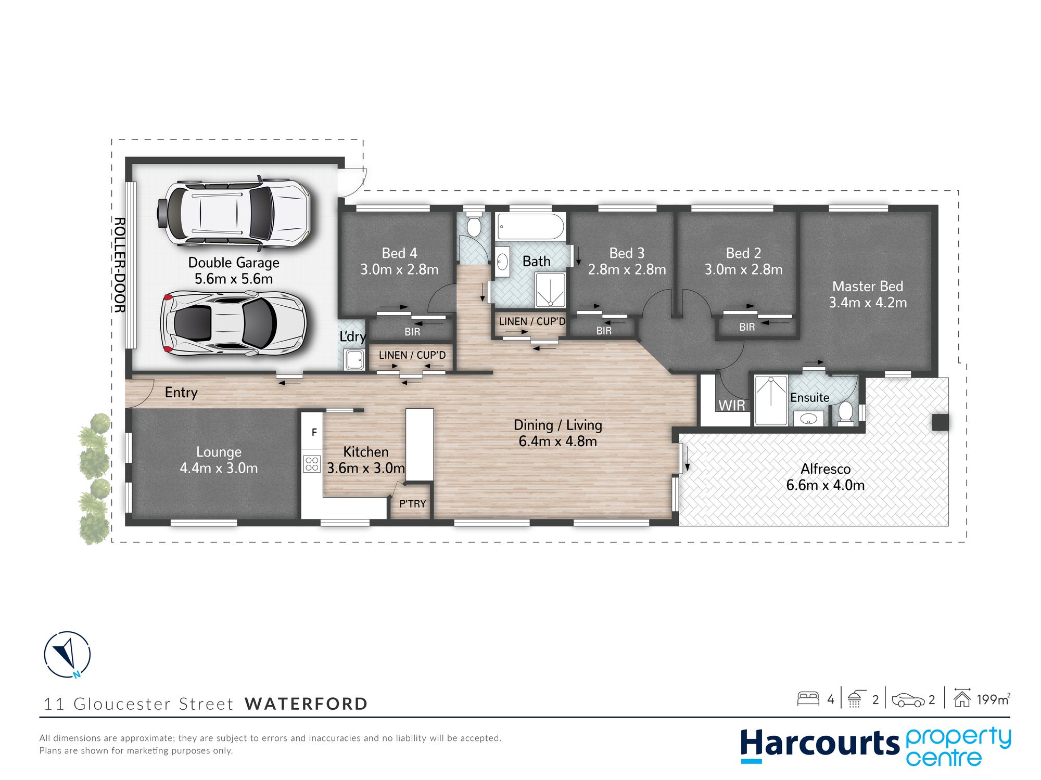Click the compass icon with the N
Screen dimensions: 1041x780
pyautogui.click(x=67, y=655)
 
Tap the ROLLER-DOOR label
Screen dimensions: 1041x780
pyautogui.click(x=119, y=265)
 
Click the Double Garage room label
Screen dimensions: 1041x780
pyautogui.click(x=234, y=270)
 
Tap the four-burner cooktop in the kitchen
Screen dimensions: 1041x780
pyautogui.click(x=312, y=463)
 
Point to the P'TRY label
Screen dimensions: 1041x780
pyautogui.click(x=412, y=503)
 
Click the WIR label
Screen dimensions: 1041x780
pyautogui.click(x=732, y=405)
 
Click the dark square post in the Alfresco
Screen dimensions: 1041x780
pyautogui.click(x=940, y=422)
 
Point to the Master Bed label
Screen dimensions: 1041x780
pyautogui.click(x=868, y=294)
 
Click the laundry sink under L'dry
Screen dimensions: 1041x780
pyautogui.click(x=354, y=360)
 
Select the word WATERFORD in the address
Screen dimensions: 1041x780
pyautogui.click(x=306, y=704)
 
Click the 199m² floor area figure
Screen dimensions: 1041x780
pyautogui.click(x=994, y=699)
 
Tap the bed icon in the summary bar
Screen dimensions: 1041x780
pyautogui.click(x=808, y=698)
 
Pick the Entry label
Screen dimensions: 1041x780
pyautogui.click(x=181, y=393)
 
